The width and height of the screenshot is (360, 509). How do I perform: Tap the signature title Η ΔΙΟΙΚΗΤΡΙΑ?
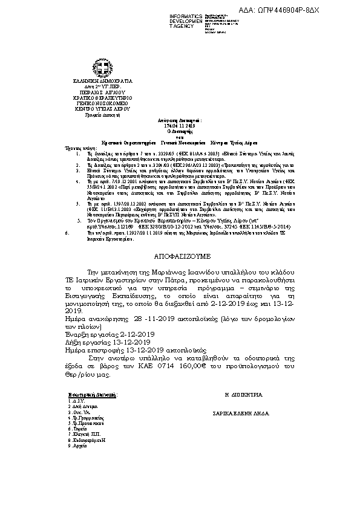click(244, 394)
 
